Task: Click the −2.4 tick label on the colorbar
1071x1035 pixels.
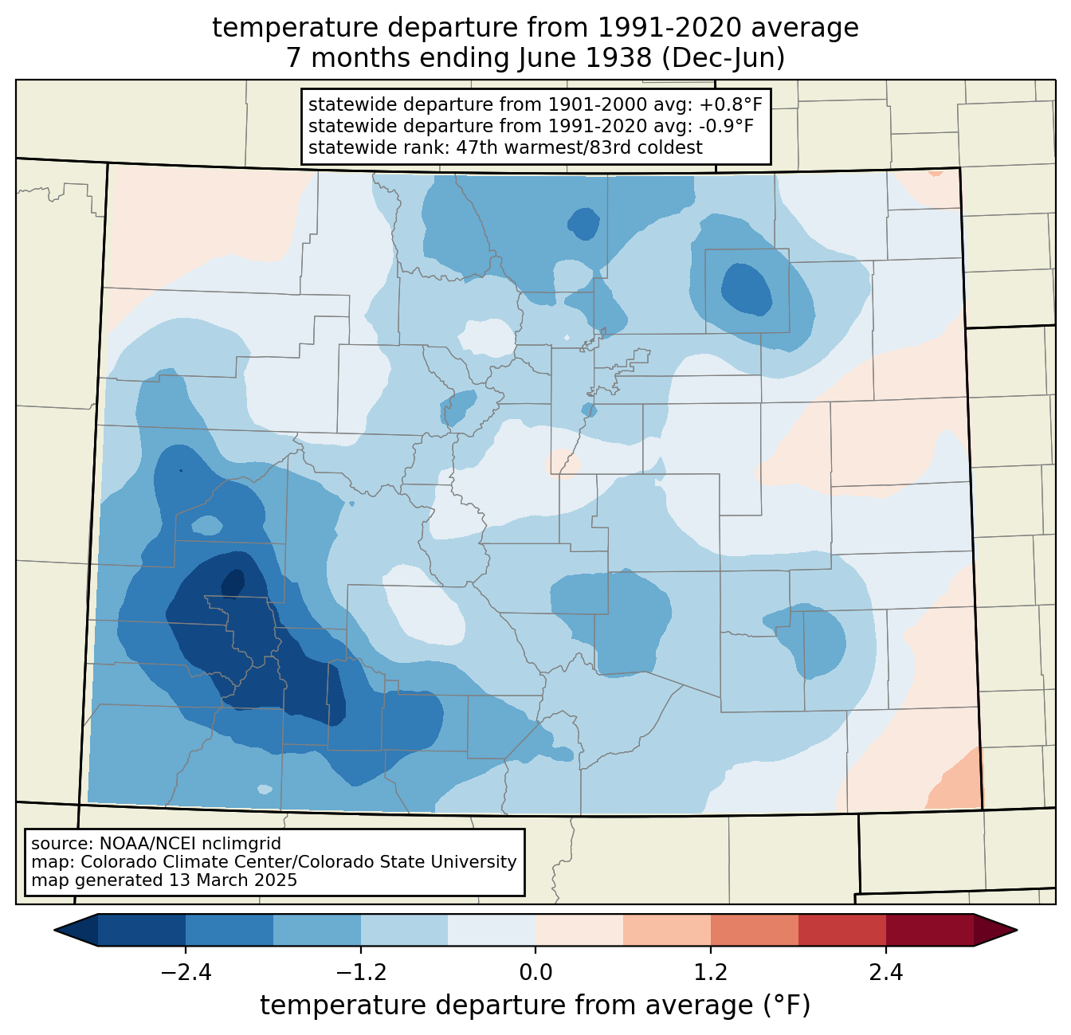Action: (186, 973)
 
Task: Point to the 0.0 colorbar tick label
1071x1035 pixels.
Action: (535, 973)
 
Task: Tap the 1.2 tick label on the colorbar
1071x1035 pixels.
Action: (711, 973)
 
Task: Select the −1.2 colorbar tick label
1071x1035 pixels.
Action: (361, 973)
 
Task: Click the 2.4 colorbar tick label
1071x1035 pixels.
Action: (886, 973)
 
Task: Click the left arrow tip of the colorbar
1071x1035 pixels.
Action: (54, 931)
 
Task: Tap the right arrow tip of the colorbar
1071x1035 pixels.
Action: (1017, 931)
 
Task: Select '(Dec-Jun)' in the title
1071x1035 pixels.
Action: (724, 58)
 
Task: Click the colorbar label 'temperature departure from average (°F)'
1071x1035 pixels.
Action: (535, 1005)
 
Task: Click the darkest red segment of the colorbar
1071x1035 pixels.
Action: (930, 931)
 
